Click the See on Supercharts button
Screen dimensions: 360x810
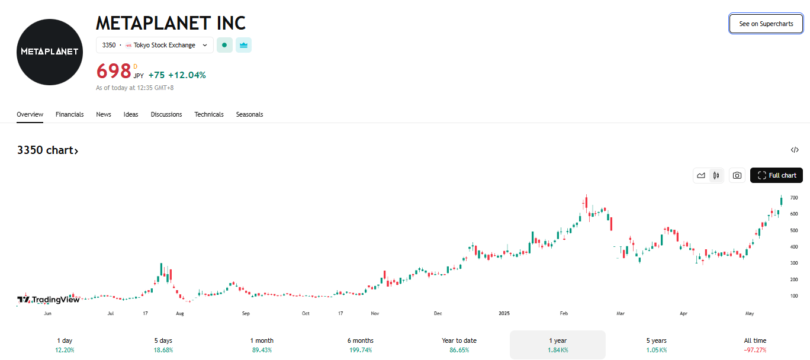pos(766,24)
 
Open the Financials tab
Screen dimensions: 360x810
pos(69,114)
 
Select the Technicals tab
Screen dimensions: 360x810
pos(209,114)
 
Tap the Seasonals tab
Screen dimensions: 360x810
pos(249,114)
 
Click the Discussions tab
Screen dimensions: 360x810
pos(166,114)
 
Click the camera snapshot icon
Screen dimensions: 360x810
pos(737,175)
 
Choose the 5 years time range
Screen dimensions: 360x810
pos(656,345)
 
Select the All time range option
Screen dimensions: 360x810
pos(755,345)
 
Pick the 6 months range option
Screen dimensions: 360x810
pos(360,345)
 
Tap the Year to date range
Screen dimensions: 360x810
pos(459,345)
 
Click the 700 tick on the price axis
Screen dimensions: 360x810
pos(793,198)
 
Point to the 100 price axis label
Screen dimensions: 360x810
pos(793,296)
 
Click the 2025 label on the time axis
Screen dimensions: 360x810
pos(504,313)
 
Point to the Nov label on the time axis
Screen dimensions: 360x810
pos(374,313)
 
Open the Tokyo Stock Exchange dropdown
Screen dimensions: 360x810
pos(155,45)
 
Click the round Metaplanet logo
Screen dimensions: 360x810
pos(50,52)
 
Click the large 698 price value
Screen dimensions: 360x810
pos(113,71)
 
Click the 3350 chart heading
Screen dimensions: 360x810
pos(47,150)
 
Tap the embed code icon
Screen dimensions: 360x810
pos(795,150)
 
